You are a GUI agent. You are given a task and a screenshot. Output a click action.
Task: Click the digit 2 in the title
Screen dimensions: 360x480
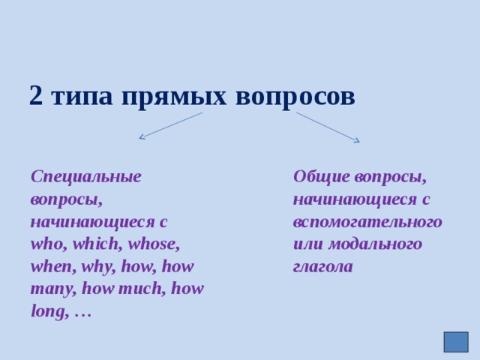(36, 96)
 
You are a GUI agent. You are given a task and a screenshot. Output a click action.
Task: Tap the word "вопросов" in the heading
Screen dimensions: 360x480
(295, 96)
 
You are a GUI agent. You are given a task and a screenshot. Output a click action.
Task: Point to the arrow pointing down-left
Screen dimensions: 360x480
(169, 126)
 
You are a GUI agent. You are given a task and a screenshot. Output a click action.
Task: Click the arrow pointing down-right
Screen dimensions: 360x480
(328, 127)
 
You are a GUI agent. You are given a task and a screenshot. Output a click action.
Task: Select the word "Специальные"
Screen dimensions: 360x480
(86, 177)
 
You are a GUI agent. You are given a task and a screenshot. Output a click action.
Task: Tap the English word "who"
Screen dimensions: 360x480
(46, 244)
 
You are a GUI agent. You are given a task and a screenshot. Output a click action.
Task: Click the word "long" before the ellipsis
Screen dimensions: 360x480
(47, 312)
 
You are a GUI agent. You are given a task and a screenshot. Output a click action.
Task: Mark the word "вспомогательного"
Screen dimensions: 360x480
(367, 222)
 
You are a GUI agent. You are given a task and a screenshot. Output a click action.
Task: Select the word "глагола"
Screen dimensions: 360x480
(322, 267)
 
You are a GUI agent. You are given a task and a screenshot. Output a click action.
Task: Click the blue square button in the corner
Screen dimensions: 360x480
(455, 342)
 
